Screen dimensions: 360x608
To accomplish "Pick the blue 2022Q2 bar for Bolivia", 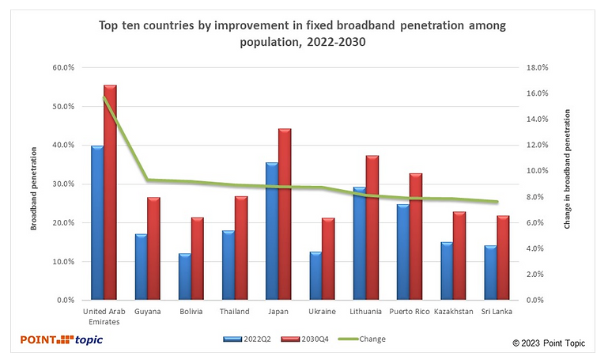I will click(184, 277).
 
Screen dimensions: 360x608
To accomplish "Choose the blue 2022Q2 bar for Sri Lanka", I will click(490, 273).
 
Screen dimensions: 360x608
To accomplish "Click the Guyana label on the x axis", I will click(147, 312).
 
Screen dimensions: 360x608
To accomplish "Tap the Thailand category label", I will click(235, 312).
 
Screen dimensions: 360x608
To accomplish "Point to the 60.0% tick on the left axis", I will click(62, 68).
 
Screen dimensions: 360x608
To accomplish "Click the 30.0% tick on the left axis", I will click(62, 184).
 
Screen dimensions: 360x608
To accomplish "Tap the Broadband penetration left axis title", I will click(34, 184).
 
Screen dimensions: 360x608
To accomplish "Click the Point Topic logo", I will click(62, 339).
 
